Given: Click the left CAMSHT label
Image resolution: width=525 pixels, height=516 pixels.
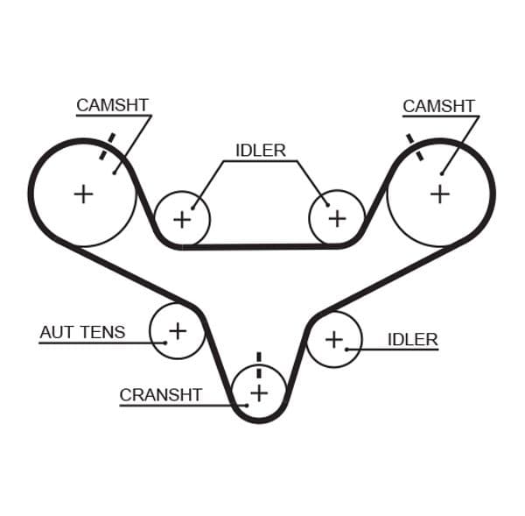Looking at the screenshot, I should [x=112, y=105].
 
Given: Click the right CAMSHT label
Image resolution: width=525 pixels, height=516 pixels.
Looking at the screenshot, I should [x=438, y=106].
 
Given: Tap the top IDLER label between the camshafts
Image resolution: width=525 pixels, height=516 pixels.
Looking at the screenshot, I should [x=261, y=151].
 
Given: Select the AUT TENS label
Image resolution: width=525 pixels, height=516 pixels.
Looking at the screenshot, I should [x=82, y=333].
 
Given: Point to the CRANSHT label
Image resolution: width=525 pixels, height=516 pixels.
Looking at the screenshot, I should [x=160, y=395].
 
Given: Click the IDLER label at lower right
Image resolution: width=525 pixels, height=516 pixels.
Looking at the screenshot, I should [x=412, y=339].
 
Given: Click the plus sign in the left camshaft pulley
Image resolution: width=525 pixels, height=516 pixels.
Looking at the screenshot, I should [x=83, y=194].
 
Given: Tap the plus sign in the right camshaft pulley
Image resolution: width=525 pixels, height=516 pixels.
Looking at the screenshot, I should [x=439, y=194].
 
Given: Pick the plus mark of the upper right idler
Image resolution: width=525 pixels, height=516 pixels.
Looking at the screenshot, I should [x=337, y=218].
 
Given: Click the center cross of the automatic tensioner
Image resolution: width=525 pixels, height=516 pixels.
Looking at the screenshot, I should [x=178, y=330].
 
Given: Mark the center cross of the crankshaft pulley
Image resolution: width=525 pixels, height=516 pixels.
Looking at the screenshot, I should [x=259, y=392].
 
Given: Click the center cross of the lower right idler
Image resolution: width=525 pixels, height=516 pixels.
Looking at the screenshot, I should [x=333, y=338].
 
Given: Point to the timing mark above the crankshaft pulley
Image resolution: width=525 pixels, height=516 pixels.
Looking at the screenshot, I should [x=259, y=362].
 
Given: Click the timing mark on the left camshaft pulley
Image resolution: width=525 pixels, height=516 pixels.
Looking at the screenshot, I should [x=107, y=147].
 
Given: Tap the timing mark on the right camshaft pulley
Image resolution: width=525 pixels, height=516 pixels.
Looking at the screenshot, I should [x=414, y=147].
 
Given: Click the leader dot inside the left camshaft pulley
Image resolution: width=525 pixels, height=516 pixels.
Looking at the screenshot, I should [x=114, y=173].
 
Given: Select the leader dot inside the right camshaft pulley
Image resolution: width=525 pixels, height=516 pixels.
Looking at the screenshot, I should [x=443, y=173].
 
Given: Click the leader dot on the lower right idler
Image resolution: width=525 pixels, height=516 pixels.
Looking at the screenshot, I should [x=347, y=350].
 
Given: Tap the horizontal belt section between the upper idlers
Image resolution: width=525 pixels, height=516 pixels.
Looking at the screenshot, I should [x=260, y=246].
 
